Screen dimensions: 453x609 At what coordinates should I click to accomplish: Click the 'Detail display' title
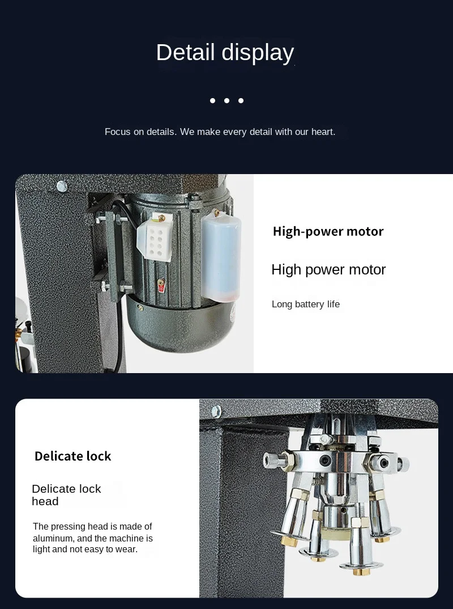(x=225, y=52)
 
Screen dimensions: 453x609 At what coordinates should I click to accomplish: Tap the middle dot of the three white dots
(x=226, y=100)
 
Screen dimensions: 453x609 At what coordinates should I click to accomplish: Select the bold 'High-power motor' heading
(x=328, y=231)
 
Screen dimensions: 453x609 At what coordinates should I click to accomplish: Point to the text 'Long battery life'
(x=306, y=304)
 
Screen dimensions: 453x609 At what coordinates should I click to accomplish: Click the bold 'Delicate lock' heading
(x=73, y=456)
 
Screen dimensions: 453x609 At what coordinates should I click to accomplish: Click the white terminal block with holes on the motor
(x=155, y=238)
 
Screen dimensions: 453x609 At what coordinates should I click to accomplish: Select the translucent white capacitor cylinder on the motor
(x=221, y=257)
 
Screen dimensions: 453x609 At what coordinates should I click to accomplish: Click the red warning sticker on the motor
(x=161, y=285)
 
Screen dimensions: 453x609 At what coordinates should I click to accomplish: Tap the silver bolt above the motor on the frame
(x=62, y=187)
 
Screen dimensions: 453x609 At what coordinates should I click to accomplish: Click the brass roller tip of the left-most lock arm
(x=289, y=540)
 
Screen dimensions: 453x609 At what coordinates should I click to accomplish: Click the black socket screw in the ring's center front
(x=324, y=461)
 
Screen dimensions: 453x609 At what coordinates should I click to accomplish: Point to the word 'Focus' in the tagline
(x=118, y=132)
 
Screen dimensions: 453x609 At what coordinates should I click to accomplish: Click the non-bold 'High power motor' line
(x=328, y=269)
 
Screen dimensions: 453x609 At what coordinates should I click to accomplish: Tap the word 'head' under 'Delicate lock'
(x=45, y=501)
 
